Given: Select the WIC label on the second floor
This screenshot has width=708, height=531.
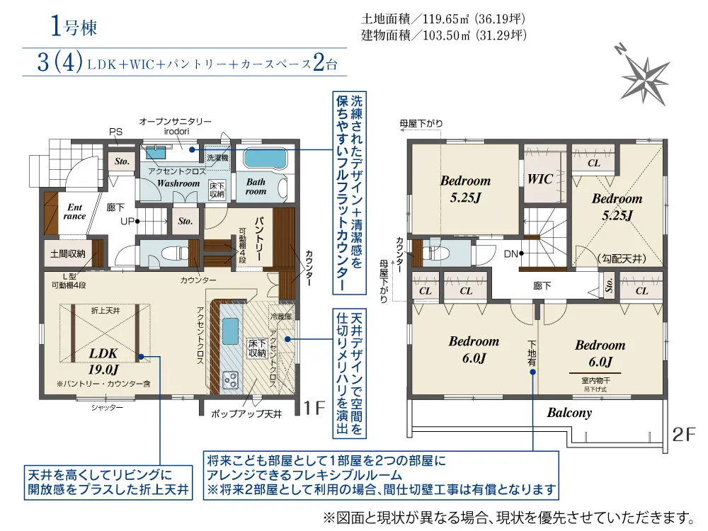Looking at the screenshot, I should coord(539,179).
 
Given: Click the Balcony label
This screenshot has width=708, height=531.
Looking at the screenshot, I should coord(569,413).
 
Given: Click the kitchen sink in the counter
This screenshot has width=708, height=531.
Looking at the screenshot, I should coord(231,331).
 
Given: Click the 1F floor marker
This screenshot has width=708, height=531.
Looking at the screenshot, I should coord(314,407).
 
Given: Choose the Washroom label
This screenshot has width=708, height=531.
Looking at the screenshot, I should coord(178,183).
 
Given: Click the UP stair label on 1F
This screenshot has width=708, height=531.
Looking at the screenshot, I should coord(128,221).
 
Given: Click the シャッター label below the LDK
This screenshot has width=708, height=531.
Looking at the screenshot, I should coord(107,407).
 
